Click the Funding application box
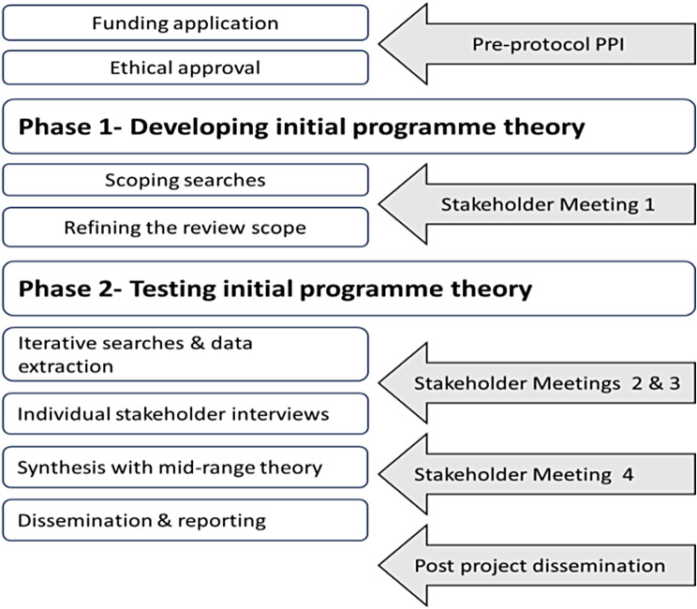tap(185, 22)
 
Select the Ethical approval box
tap(185, 67)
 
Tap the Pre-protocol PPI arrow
tap(537, 44)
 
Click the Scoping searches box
tap(185, 180)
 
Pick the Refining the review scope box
tap(185, 227)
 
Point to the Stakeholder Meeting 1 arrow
tap(537, 204)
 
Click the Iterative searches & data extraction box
tap(185, 354)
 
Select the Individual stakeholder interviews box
tap(185, 414)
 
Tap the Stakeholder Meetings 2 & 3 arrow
tap(537, 383)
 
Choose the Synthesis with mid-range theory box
tap(185, 468)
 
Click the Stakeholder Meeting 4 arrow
tap(537, 474)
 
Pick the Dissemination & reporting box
tap(185, 520)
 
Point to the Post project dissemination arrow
tap(537, 566)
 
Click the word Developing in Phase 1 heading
tap(200, 127)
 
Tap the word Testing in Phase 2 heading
tap(173, 290)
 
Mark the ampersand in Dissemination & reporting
tap(165, 520)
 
